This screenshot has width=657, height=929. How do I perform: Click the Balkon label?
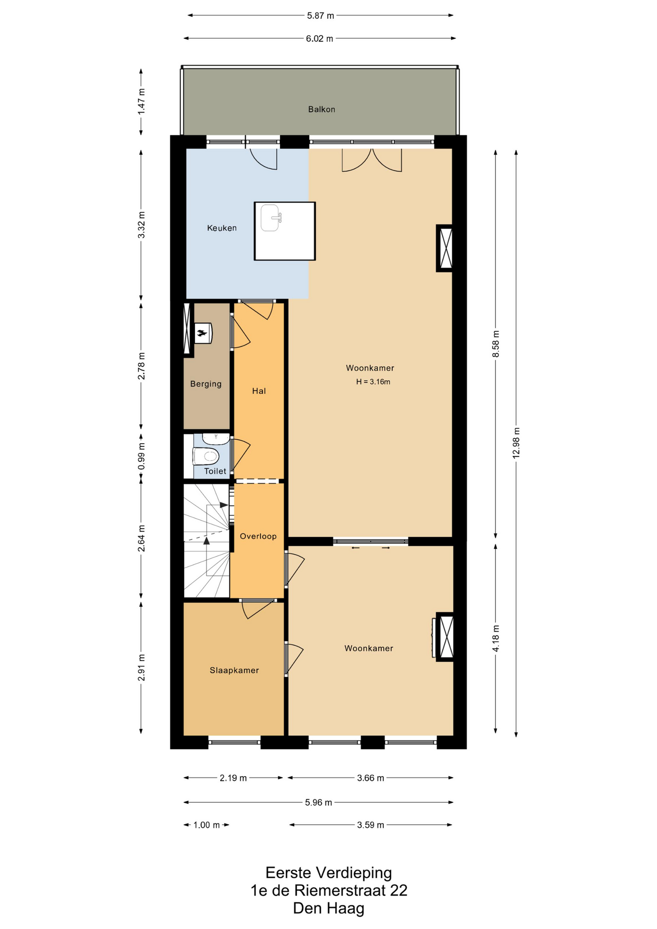point(321,109)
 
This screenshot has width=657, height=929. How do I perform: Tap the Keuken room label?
point(222,228)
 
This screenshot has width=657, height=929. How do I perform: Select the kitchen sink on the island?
point(270,218)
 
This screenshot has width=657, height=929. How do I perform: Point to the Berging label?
point(206,384)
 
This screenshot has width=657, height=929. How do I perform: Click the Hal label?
point(259,391)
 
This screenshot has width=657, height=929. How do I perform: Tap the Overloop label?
point(258,536)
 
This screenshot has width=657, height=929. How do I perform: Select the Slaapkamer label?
point(234,670)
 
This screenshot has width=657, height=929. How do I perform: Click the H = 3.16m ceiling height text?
point(373,382)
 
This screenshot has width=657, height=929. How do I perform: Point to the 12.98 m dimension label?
point(516,443)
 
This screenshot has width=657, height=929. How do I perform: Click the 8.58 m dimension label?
point(495,344)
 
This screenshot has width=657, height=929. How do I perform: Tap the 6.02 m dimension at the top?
point(319,39)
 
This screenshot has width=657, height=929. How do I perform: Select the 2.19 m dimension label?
point(233,778)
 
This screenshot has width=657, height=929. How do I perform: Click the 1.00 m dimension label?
point(207,825)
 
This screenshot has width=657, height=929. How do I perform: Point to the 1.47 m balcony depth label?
point(141,102)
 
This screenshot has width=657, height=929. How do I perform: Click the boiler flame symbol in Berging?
point(202,333)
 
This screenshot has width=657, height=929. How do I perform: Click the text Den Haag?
point(328,908)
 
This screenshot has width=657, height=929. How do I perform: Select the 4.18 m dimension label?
point(495,638)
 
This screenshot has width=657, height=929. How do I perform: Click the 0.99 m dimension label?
point(141,456)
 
